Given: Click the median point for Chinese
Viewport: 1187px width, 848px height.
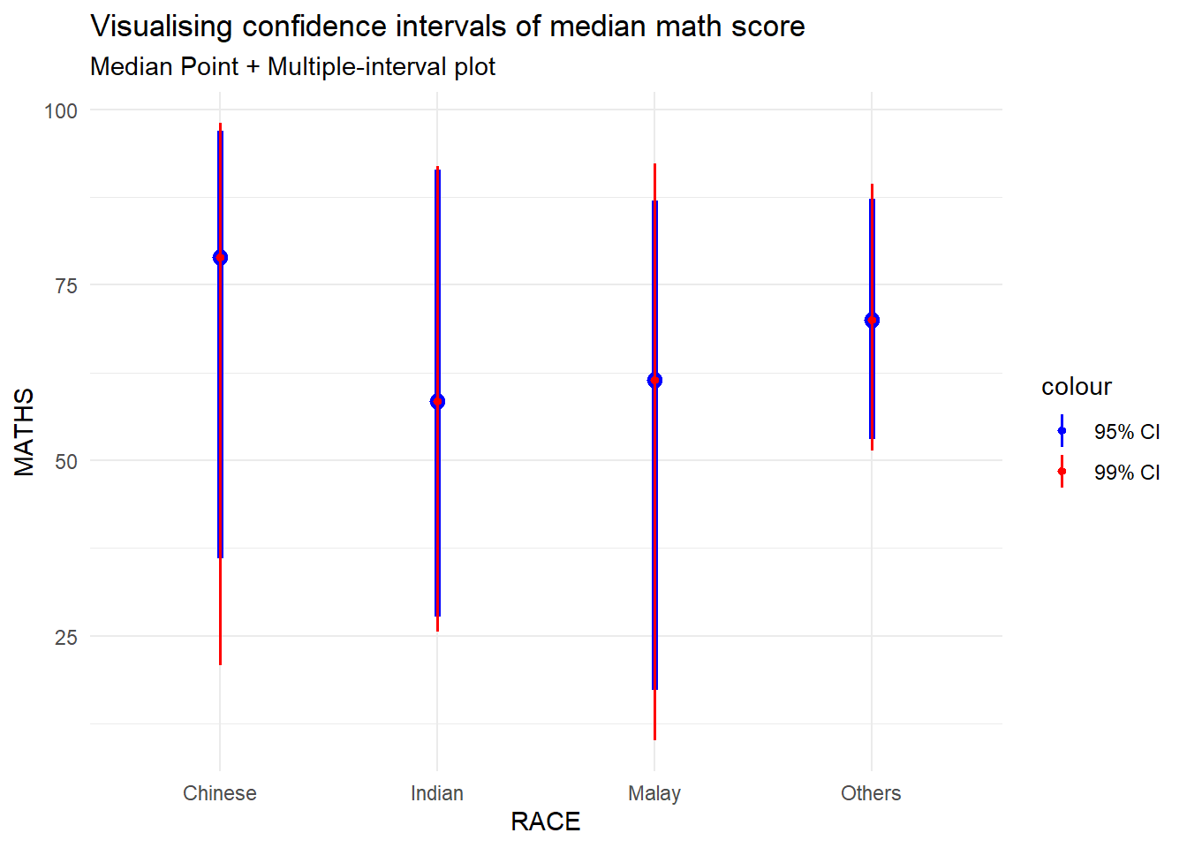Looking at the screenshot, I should [220, 258].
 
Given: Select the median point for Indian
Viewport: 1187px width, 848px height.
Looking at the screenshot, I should [437, 402].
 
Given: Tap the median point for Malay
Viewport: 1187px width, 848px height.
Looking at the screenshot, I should [654, 381].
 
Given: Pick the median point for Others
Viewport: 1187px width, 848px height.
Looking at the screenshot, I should [872, 321].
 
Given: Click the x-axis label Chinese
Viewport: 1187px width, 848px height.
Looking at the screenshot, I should [220, 793].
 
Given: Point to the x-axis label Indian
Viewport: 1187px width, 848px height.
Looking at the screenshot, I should [437, 793].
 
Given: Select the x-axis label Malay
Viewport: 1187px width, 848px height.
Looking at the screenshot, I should [654, 793].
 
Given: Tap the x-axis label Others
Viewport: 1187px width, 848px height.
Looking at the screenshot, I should [871, 793].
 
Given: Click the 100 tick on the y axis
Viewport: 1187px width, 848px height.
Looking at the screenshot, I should [61, 111].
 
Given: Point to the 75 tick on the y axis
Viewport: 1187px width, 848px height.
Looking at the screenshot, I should [66, 286].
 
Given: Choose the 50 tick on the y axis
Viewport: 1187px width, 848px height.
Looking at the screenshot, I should [66, 462].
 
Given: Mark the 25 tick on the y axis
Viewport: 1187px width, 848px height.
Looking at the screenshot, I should [66, 638].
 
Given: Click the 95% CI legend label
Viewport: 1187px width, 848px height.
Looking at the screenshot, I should [1127, 432].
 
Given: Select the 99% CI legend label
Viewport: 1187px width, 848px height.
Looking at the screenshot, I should [1127, 473].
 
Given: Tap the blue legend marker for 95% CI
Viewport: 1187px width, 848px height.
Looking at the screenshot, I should [1062, 431].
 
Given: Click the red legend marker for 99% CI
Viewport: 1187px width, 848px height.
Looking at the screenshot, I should [1062, 472].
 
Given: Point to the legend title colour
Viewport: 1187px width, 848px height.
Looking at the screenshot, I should [1076, 387].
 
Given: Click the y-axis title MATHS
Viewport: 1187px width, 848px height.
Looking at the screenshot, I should [25, 432].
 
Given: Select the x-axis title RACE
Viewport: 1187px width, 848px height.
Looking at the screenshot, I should [546, 821].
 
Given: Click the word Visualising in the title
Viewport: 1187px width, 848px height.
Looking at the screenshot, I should [162, 26].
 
